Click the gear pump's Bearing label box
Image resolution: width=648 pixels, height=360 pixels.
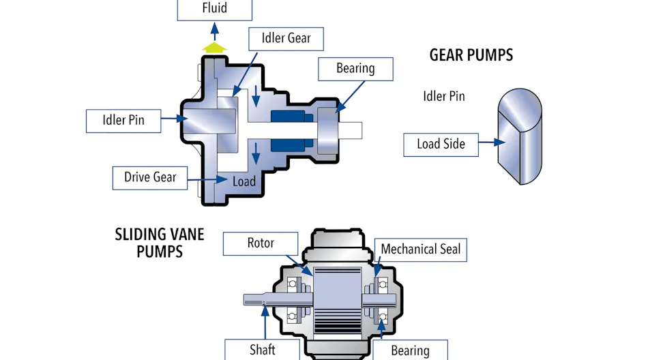pos(355,69)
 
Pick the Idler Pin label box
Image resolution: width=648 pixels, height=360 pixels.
pos(123,121)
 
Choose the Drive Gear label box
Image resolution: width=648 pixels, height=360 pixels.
pos(150,177)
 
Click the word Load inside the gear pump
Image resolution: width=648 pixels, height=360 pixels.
pos(244,181)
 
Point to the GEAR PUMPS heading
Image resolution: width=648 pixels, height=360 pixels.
pos(471,55)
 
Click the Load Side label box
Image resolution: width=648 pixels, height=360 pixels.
pos(441,144)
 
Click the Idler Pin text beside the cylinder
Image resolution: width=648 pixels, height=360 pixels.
pos(444,96)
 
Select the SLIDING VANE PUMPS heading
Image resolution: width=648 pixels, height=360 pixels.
pos(160,243)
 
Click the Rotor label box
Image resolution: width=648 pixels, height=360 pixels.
pos(261,243)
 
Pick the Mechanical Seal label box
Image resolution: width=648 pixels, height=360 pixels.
pos(420,250)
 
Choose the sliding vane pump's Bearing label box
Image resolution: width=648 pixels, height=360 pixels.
pos(410,350)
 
